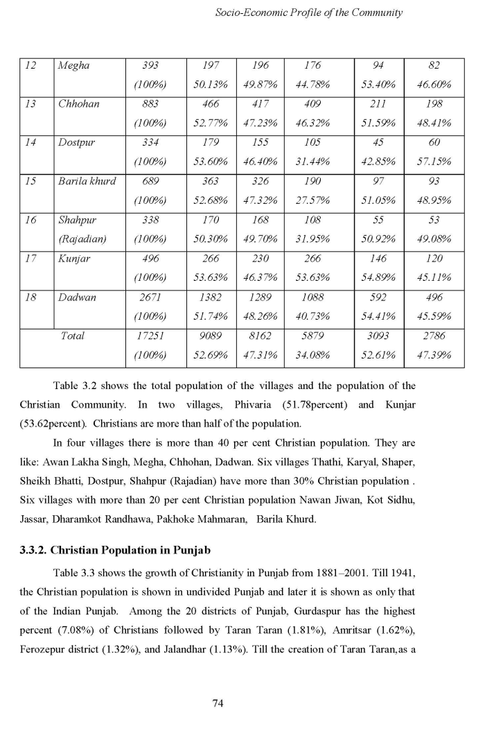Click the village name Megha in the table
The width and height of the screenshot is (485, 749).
coord(74,66)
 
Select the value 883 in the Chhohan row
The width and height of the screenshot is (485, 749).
coord(150,104)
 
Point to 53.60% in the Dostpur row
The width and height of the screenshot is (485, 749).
coord(211,162)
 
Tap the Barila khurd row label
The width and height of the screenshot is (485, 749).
coord(87,181)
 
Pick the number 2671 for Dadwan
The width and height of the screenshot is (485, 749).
coord(150,297)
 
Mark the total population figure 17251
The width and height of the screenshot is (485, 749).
coord(150,336)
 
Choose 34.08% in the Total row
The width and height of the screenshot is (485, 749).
coord(312,355)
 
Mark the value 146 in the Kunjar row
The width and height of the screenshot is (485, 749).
coord(378,259)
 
